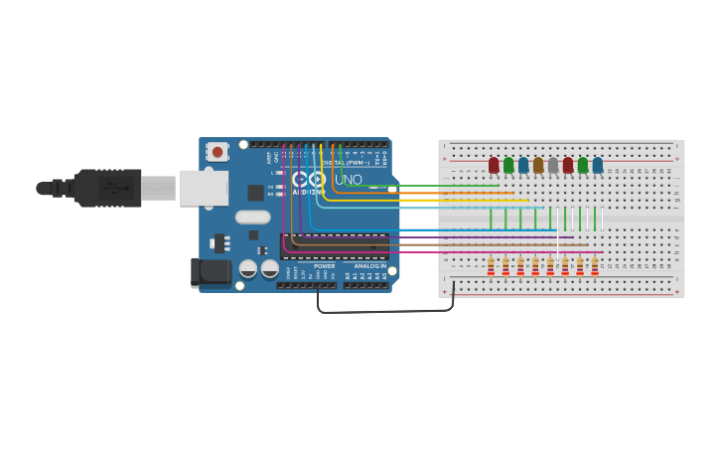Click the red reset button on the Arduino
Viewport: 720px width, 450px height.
(216, 152)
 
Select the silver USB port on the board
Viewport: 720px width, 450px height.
(203, 188)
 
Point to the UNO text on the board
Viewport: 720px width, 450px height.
(349, 180)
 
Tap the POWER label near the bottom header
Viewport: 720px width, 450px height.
(325, 266)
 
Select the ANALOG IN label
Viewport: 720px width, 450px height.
(370, 266)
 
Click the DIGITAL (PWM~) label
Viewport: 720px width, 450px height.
(348, 162)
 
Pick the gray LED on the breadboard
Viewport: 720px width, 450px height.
(553, 165)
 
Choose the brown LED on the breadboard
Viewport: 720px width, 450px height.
(538, 165)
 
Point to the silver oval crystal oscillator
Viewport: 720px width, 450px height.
(253, 217)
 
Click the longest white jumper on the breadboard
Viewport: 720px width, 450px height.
(558, 238)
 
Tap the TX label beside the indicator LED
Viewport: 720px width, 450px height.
(271, 186)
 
